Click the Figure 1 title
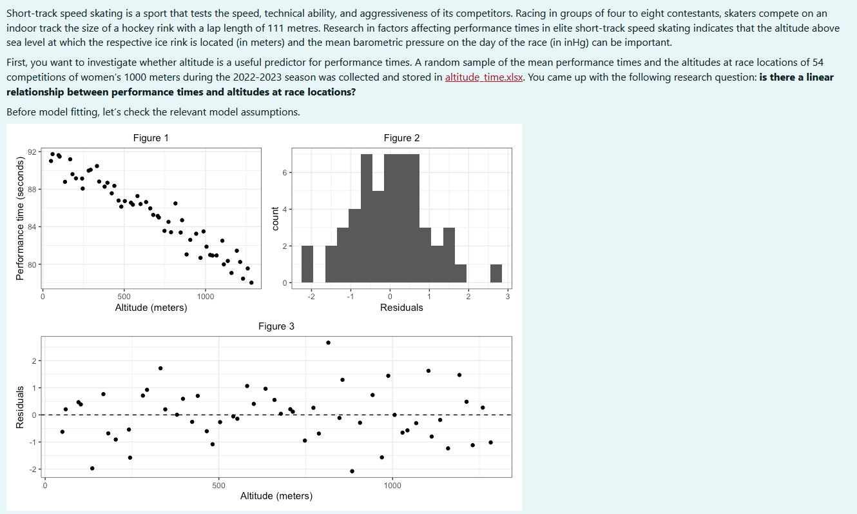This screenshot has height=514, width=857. click(x=151, y=138)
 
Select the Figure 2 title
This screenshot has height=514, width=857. click(x=401, y=138)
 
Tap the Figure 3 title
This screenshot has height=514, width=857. click(x=276, y=326)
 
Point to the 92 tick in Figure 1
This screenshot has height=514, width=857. click(x=32, y=152)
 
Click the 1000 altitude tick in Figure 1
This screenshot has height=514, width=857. click(x=206, y=296)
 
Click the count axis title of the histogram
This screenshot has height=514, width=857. click(x=275, y=218)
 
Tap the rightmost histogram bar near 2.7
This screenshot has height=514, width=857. click(x=496, y=273)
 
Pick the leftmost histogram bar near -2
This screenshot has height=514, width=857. click(x=307, y=264)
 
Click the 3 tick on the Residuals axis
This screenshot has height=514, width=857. click(x=508, y=296)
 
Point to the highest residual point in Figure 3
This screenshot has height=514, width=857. click(x=328, y=342)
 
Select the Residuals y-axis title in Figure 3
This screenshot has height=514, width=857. click(x=21, y=406)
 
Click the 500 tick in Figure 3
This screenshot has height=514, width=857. click(x=218, y=485)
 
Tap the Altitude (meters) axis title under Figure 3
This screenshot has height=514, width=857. click(x=276, y=496)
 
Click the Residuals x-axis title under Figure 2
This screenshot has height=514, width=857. click(x=401, y=308)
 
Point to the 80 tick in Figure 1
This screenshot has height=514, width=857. click(x=32, y=264)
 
